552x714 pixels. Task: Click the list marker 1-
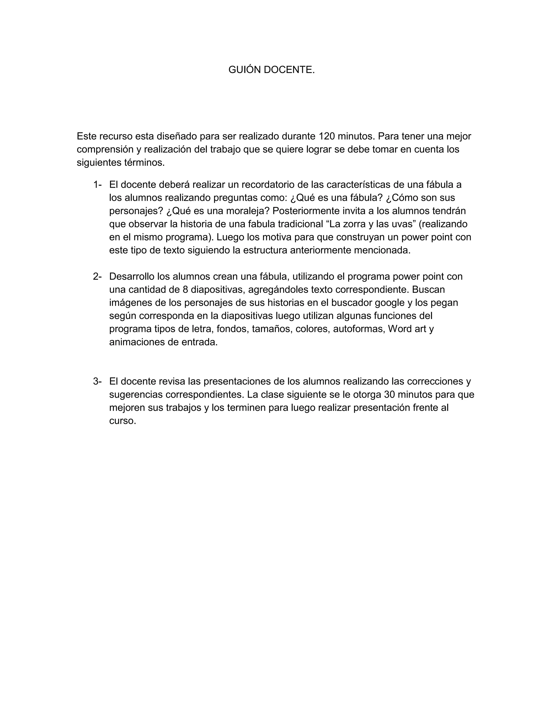click(97, 185)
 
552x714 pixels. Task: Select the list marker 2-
click(97, 277)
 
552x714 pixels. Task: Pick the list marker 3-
click(97, 381)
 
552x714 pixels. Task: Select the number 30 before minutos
click(391, 395)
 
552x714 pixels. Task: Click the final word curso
click(122, 421)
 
